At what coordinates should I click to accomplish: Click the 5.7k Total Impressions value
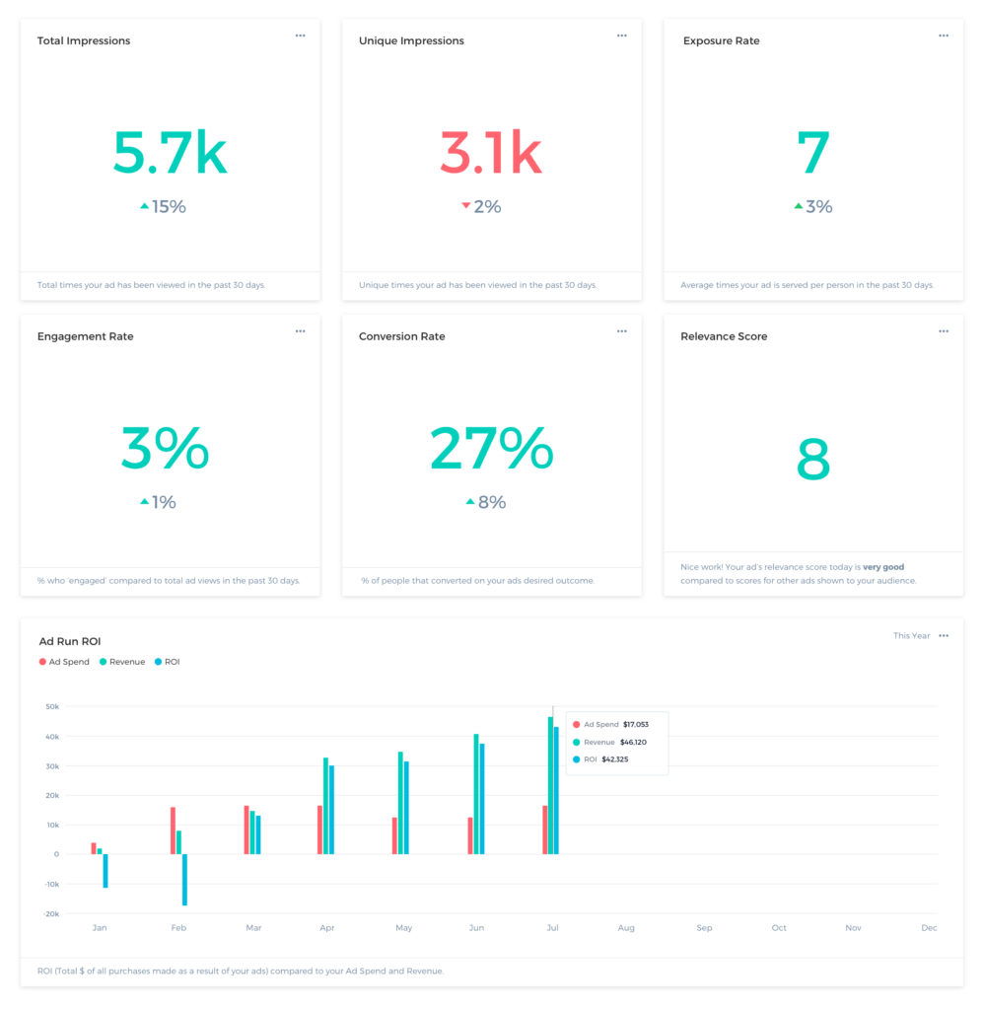170,153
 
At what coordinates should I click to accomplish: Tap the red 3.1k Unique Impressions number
490,153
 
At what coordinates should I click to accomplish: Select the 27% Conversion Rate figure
491,449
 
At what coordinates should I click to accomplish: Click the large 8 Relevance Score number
813,459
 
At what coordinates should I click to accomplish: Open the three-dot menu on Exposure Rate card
944,36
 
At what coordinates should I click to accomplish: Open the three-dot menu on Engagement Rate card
300,331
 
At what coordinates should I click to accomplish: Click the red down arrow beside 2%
466,206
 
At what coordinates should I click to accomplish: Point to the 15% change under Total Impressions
168,206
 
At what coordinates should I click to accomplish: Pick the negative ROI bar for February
184,879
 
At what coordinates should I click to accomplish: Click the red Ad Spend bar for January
94,848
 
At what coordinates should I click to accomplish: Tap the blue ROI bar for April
331,809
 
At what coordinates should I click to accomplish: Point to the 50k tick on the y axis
51,706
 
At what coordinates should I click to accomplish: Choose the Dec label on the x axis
929,928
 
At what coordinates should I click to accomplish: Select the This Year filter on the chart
911,636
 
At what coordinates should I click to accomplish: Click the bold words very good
882,567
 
